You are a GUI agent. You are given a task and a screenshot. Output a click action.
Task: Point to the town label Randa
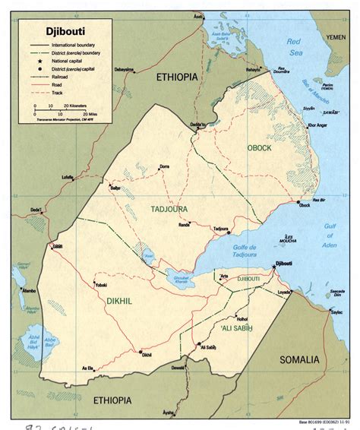tap(184, 225)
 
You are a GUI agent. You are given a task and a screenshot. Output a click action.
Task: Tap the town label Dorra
tap(164, 166)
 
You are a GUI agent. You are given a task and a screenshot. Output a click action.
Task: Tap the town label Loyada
tap(284, 292)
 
